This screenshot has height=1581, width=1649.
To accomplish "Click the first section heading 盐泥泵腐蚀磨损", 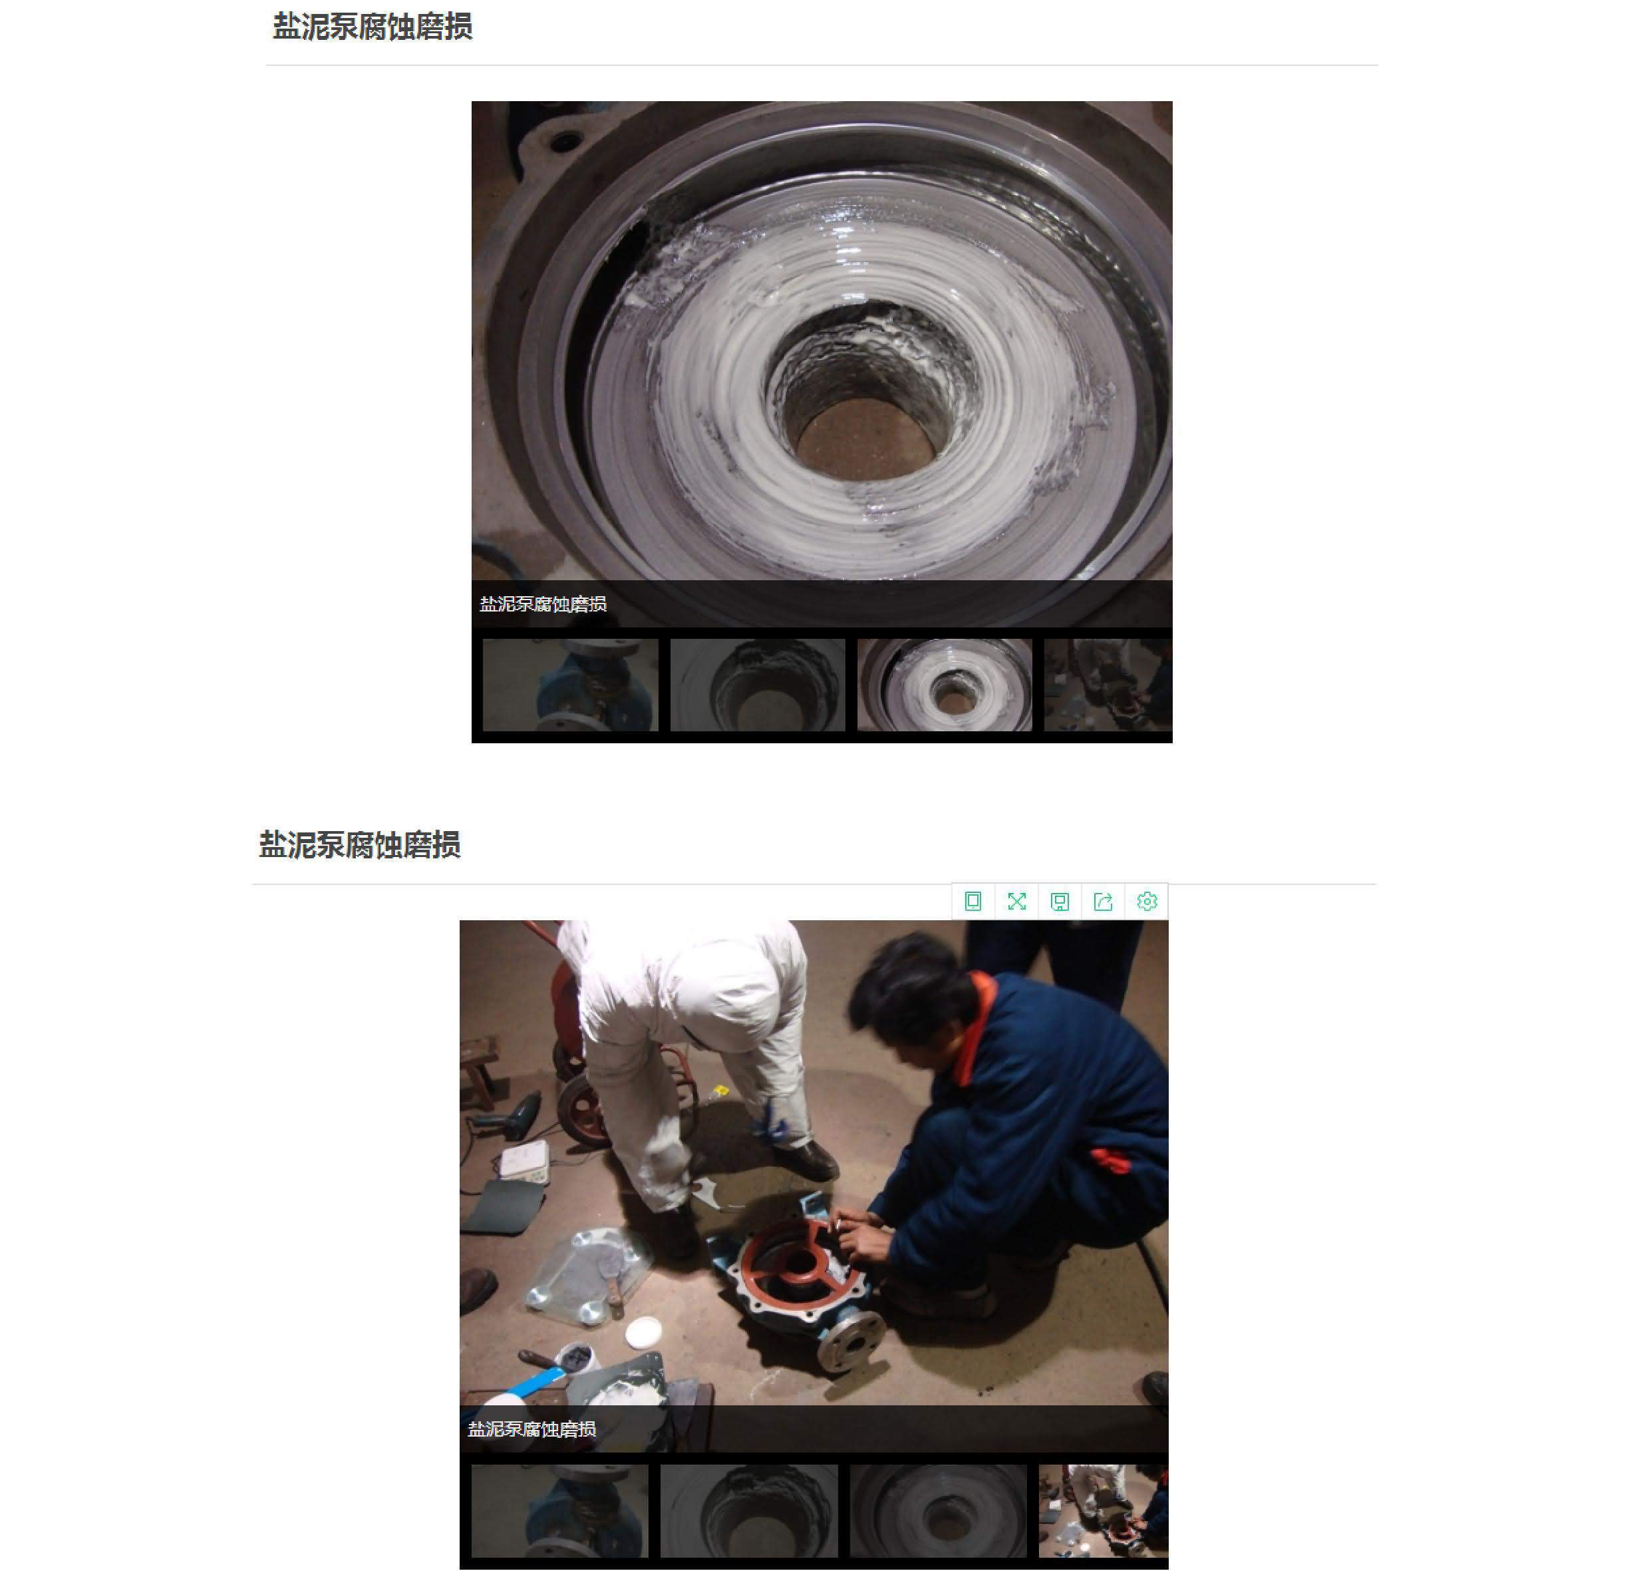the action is (372, 27).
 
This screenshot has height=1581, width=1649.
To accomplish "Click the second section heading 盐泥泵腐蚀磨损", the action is (359, 845).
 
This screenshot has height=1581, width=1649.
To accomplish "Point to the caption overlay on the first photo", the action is (543, 604).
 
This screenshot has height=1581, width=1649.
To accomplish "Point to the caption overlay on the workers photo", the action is (531, 1429).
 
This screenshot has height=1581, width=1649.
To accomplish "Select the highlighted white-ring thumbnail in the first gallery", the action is (944, 684).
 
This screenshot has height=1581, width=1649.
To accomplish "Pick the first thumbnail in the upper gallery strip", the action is (571, 684).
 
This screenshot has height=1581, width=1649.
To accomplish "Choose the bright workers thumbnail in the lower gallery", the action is (1103, 1510).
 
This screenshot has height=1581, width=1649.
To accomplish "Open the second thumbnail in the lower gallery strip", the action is (749, 1510).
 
